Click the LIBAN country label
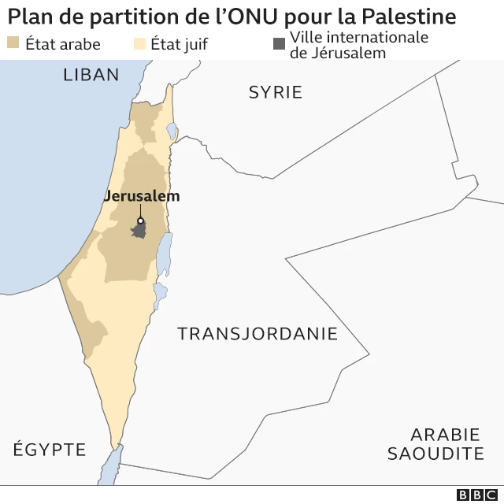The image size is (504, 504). (91, 75)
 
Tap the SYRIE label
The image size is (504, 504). (275, 92)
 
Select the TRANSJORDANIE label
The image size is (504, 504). (257, 333)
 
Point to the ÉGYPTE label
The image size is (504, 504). (49, 450)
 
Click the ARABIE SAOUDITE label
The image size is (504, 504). (435, 444)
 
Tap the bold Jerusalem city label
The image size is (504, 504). (142, 196)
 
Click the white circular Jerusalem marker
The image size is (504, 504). (141, 221)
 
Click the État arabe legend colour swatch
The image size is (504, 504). (13, 43)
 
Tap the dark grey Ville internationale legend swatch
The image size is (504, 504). (279, 43)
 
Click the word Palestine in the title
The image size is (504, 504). (409, 16)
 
